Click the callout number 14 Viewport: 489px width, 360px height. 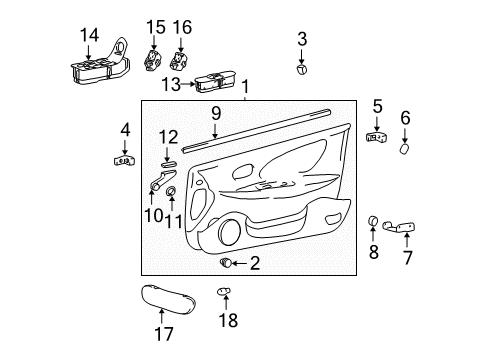[90, 35]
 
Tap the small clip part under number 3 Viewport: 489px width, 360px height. [302, 69]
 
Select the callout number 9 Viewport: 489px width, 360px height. [216, 113]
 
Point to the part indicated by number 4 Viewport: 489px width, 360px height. [124, 161]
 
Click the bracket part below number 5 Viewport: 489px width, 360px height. [377, 137]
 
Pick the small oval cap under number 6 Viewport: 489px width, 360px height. [405, 149]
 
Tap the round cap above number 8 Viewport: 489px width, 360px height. [373, 220]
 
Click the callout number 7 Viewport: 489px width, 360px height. [407, 258]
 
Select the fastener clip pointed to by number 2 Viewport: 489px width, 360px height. [226, 263]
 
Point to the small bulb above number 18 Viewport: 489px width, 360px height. [224, 291]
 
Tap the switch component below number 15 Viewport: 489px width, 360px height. [153, 60]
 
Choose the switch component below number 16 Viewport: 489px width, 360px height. [179, 60]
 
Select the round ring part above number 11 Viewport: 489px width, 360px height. [171, 192]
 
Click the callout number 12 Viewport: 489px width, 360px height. [168, 137]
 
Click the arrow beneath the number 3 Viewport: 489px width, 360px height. [302, 57]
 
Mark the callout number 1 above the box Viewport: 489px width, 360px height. [245, 87]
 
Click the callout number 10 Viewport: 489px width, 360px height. [154, 216]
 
